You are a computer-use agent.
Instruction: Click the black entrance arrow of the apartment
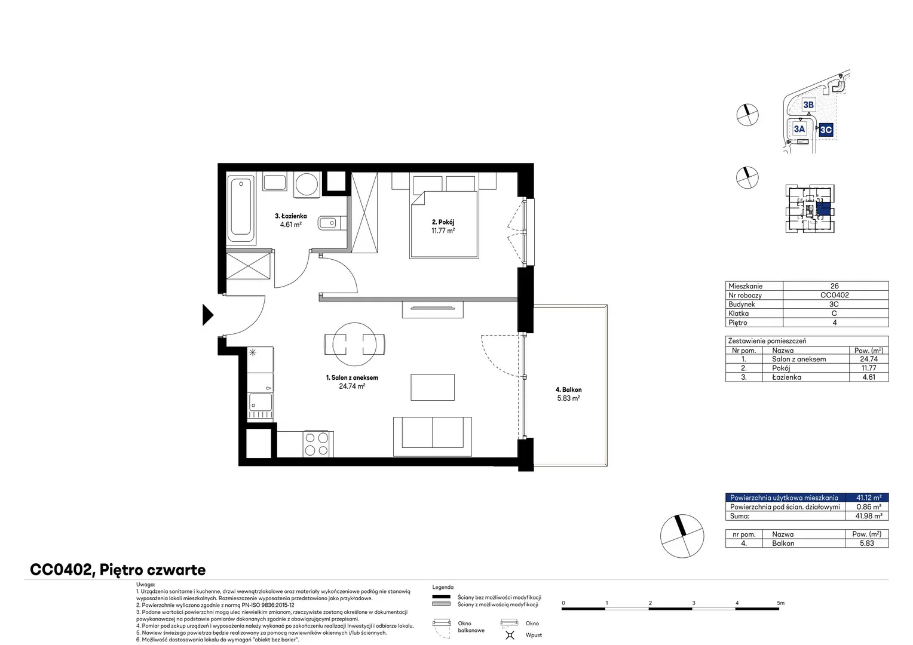click(x=207, y=315)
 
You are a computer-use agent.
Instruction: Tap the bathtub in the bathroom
click(x=241, y=209)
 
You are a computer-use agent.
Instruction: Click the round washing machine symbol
click(x=307, y=184)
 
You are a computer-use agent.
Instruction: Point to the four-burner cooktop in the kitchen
click(x=317, y=444)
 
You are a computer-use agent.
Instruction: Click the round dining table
click(x=354, y=345)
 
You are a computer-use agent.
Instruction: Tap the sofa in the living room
click(x=433, y=437)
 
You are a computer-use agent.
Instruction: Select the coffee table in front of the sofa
click(x=433, y=387)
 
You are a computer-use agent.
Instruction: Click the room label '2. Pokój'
click(x=443, y=222)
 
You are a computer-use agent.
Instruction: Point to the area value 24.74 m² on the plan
click(x=352, y=386)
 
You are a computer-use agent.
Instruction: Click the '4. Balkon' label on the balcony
click(x=569, y=389)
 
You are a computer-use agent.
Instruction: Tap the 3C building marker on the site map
click(x=826, y=130)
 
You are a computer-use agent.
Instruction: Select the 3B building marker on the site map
click(x=808, y=105)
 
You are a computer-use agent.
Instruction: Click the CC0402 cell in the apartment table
click(x=834, y=295)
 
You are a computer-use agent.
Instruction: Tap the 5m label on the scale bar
click(x=780, y=603)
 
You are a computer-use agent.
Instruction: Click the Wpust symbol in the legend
click(x=510, y=635)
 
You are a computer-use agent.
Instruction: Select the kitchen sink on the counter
click(x=260, y=402)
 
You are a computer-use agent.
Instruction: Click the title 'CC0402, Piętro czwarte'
click(x=118, y=570)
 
